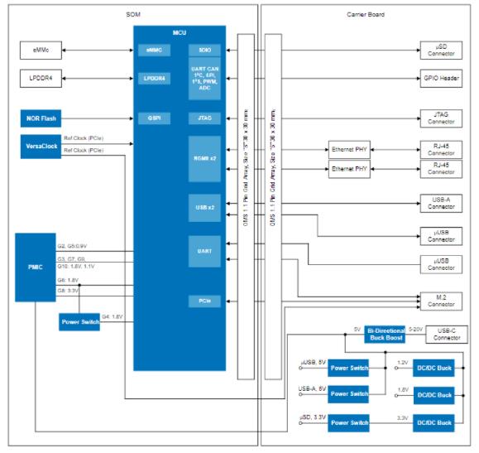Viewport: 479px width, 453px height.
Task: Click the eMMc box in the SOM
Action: tap(40, 51)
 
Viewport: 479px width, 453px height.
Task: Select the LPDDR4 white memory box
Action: tap(40, 80)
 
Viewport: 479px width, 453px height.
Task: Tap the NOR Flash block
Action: tap(40, 118)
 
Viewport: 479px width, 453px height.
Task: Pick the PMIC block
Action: tap(34, 267)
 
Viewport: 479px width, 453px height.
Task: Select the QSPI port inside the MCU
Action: tap(153, 118)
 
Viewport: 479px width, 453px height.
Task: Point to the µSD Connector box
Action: tap(439, 51)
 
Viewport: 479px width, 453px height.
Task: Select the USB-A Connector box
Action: tap(439, 204)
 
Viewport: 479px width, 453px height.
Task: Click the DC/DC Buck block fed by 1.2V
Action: tap(433, 366)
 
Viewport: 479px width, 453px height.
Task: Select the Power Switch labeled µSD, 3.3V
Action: tap(347, 423)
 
